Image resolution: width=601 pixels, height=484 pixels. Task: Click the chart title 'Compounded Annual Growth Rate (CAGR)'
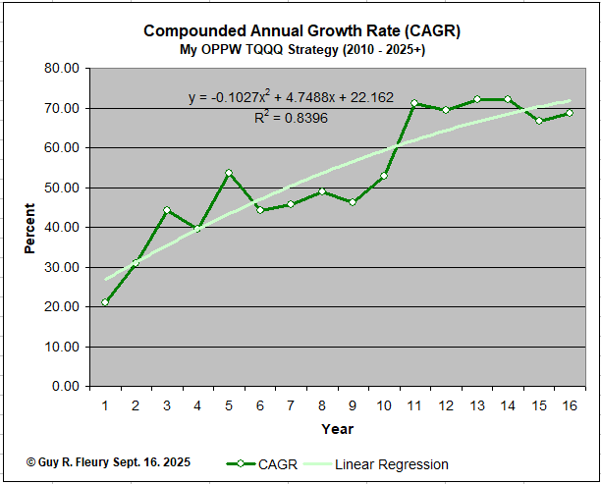301,30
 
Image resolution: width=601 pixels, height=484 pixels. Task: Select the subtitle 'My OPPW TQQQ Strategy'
301,49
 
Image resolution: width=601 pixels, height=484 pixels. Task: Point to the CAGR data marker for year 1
105,301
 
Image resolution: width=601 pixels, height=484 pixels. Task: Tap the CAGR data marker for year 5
229,173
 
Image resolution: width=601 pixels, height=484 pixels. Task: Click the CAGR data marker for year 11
414,103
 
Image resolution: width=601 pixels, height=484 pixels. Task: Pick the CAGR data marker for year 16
570,113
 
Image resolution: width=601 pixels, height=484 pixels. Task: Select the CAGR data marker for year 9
353,202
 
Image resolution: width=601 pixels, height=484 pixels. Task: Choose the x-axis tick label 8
321,404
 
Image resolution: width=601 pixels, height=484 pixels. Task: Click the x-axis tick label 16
569,404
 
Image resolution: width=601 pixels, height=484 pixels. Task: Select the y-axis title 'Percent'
30,228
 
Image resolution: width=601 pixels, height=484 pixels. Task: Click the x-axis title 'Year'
337,429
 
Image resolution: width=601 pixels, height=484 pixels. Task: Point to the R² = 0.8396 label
291,118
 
